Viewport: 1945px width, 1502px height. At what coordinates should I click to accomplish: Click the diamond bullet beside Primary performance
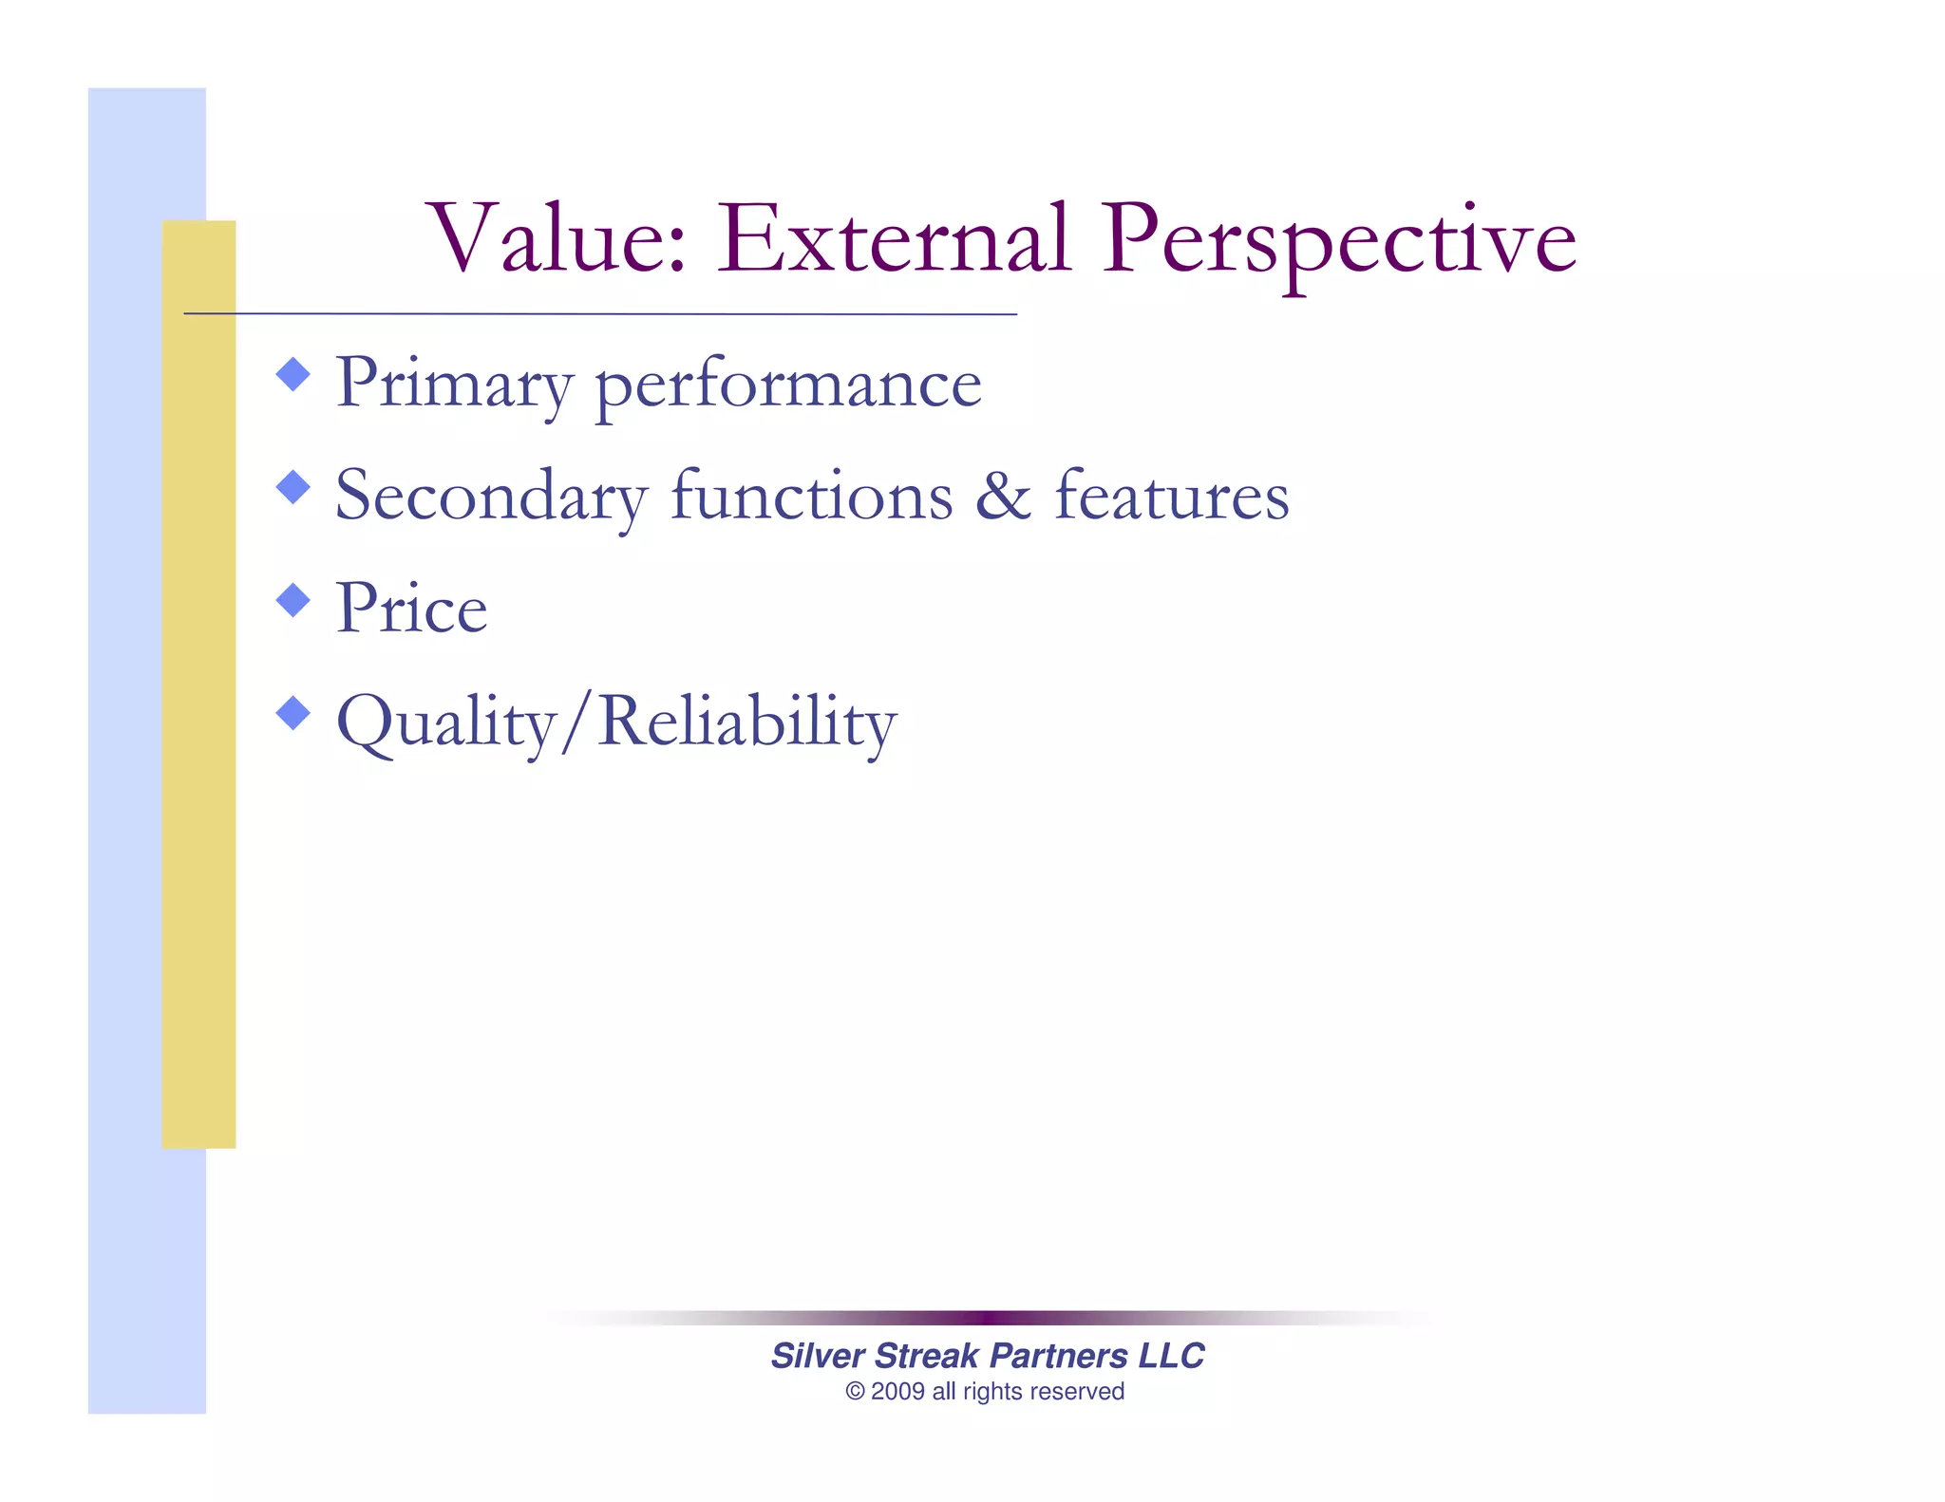(293, 374)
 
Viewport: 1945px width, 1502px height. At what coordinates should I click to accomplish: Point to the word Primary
(454, 385)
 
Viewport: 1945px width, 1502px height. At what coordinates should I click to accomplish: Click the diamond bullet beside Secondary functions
(293, 487)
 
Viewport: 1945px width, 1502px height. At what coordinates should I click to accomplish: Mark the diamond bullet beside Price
(293, 600)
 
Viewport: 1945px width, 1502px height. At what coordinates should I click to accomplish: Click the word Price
(411, 608)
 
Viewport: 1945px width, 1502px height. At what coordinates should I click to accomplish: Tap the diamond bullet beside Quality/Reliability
(293, 713)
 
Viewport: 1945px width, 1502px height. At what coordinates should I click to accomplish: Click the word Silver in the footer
(818, 1356)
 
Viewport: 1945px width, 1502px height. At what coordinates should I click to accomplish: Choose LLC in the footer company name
(1171, 1356)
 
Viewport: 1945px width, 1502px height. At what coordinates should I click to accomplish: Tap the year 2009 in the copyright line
(897, 1392)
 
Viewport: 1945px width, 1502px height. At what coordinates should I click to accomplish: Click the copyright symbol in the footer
(855, 1392)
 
